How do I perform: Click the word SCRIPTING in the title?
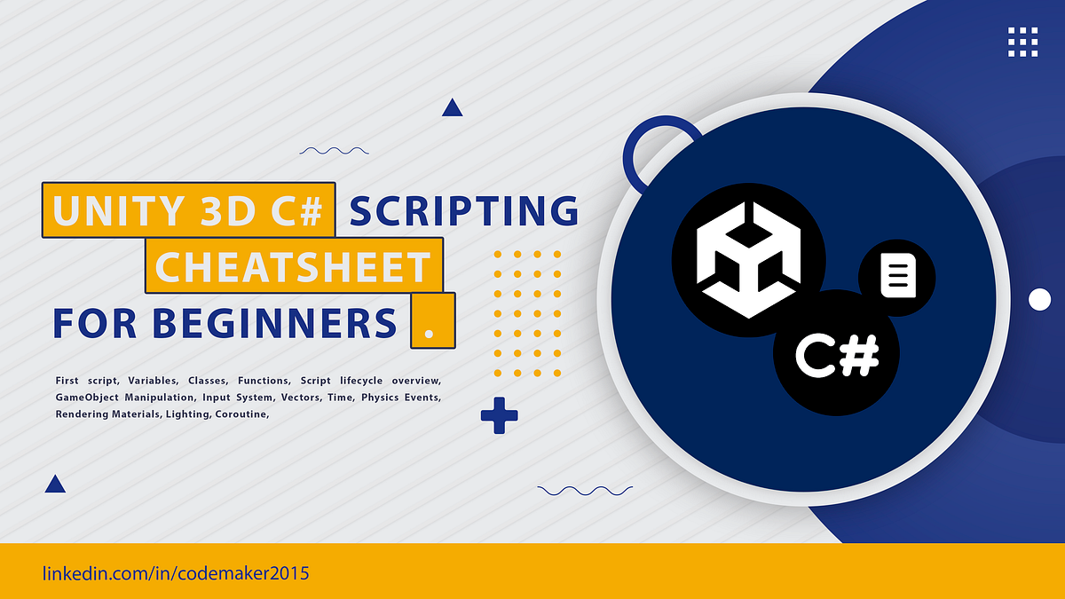tap(464, 210)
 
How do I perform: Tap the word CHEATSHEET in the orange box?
tap(293, 267)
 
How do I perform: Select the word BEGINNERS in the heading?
tap(275, 323)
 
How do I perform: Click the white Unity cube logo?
tap(748, 260)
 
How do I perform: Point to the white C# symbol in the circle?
tap(837, 355)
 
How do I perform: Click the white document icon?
tap(898, 276)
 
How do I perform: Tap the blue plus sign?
tap(499, 415)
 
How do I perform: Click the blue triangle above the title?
tap(452, 107)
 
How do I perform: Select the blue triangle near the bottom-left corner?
tap(55, 484)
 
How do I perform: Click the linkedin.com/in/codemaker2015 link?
tap(176, 573)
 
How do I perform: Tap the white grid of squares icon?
tap(1022, 42)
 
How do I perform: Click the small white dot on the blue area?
tap(1040, 300)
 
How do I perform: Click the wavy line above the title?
tap(334, 151)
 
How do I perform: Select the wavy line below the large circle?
tap(585, 491)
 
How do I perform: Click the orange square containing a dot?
tap(433, 321)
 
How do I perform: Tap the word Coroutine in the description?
tap(242, 414)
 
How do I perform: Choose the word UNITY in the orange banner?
tap(119, 210)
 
